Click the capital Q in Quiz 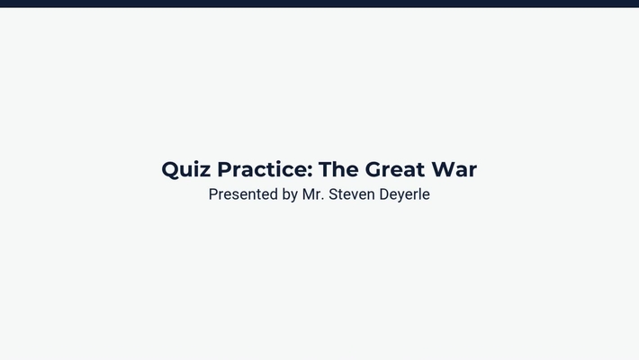(171, 169)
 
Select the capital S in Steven (332, 194)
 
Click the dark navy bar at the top (319, 4)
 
